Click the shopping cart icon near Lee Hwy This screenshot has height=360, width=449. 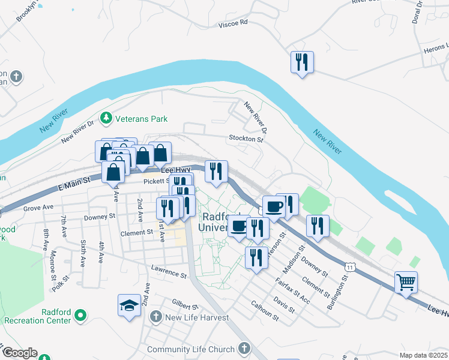coord(406,281)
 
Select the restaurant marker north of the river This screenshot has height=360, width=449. coord(302,61)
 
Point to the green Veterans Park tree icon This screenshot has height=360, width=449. coord(107,118)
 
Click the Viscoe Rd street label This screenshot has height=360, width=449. coord(235,23)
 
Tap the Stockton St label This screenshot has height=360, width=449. coord(246,139)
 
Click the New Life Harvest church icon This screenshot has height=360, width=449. coord(156,316)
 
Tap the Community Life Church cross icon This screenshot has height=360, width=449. coord(244,347)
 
